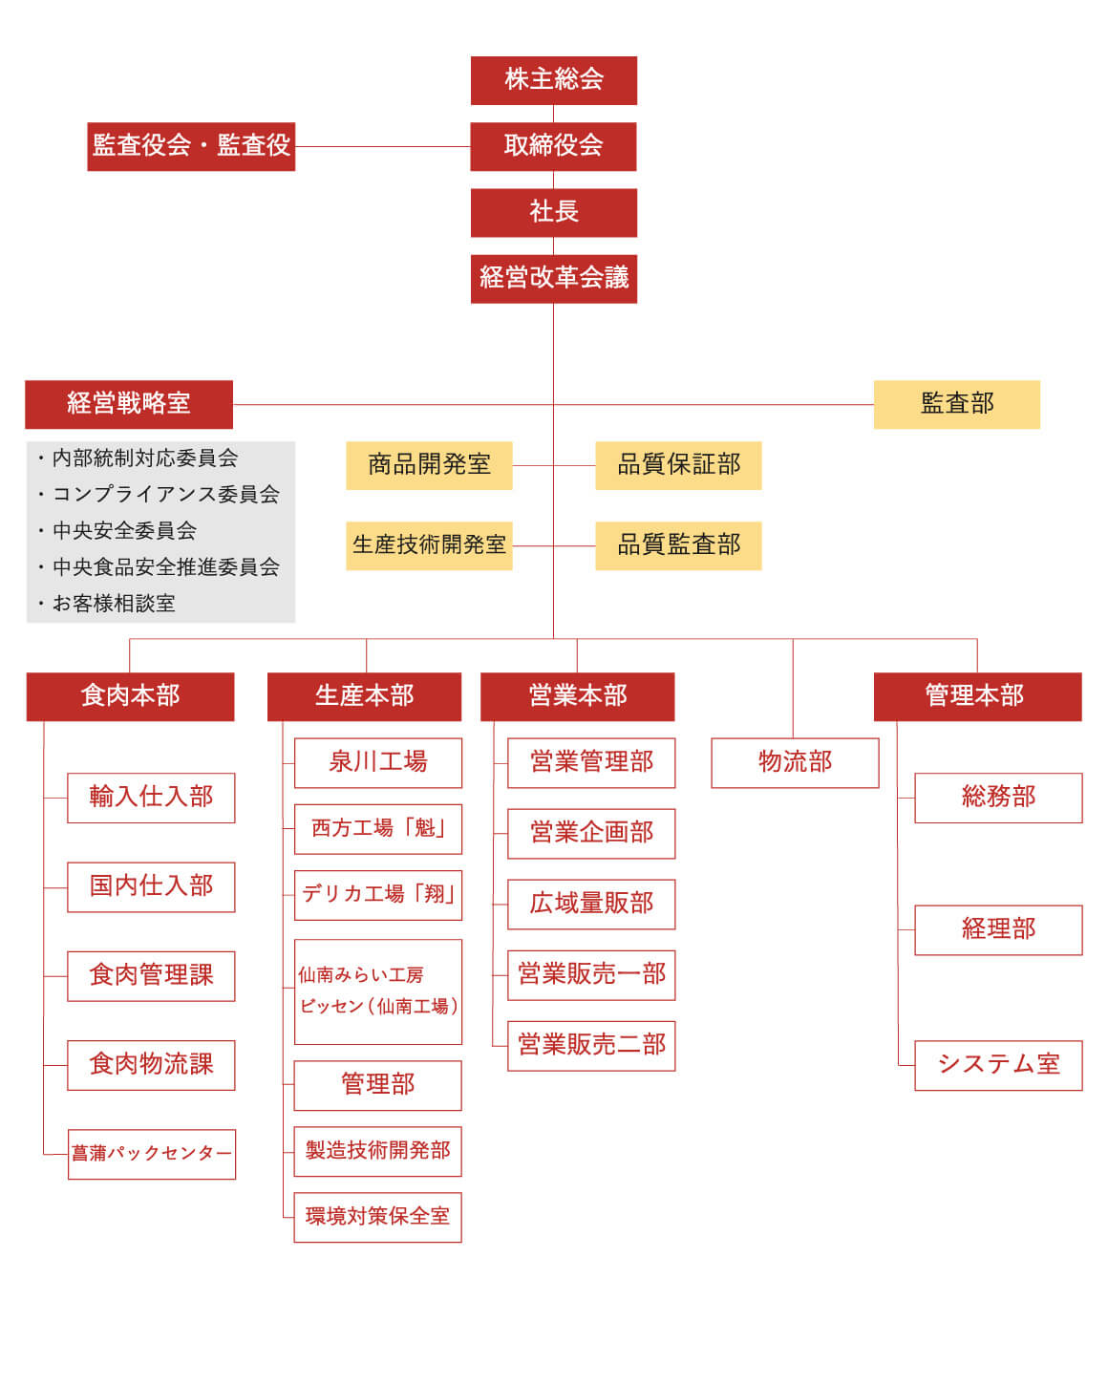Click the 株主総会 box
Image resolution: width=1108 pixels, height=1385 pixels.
554,80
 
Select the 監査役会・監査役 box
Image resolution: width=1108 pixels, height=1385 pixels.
191,147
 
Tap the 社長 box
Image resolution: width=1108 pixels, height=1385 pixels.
554,213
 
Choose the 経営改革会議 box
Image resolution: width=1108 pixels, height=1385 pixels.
554,279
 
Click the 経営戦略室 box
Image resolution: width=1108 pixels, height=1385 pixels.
129,405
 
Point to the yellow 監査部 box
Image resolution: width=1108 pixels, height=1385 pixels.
957,405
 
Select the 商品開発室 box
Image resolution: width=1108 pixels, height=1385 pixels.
430,466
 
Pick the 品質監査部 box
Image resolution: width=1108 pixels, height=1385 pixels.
678,546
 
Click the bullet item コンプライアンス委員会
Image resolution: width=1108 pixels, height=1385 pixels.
165,494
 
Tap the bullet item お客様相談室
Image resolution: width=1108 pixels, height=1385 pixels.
114,604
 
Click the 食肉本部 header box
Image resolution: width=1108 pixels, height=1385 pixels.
130,697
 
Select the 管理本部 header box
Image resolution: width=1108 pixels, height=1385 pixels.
977,697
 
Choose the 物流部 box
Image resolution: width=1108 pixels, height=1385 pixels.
795,763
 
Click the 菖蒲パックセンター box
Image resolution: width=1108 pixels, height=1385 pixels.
152,1155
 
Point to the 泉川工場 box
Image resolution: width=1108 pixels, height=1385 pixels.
378,763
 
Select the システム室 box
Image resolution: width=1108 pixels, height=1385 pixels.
998,1066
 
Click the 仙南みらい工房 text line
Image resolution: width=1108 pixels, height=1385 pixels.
360,975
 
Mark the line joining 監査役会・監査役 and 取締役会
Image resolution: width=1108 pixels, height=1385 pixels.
383,147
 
